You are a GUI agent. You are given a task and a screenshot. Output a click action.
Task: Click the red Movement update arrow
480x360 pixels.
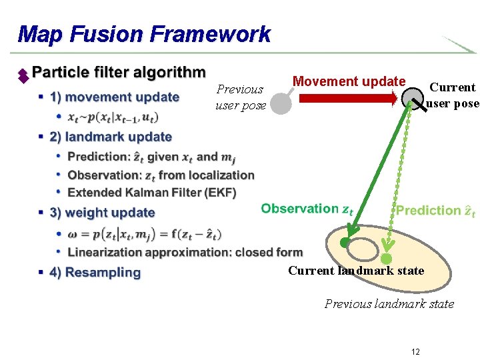pos(347,99)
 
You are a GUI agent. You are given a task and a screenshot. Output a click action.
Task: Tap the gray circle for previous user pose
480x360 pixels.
pos(281,104)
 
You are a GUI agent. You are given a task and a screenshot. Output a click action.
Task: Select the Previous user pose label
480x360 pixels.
pos(240,97)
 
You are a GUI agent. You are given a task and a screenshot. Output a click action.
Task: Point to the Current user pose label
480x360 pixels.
pos(453,95)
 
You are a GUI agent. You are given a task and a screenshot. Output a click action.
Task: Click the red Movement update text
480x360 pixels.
pos(349,81)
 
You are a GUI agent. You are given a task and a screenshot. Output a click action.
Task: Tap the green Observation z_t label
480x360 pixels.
pos(307,209)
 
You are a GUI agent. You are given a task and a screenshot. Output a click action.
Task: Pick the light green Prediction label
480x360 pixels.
pos(435,211)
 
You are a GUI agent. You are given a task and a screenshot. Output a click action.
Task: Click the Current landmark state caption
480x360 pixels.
pos(356,271)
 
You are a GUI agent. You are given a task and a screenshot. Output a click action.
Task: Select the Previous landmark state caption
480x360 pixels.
pos(389,304)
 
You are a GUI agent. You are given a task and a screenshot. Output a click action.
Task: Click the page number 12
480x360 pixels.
pos(415,351)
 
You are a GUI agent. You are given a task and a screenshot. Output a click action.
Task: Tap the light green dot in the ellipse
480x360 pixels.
pos(386,258)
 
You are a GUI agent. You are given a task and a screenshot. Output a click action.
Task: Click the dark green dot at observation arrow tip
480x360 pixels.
pos(345,243)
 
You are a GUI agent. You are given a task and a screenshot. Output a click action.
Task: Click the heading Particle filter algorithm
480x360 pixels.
pos(119,72)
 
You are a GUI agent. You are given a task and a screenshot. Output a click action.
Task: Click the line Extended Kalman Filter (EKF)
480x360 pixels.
pos(152,193)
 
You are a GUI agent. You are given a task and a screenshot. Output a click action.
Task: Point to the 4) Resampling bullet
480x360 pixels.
pos(95,273)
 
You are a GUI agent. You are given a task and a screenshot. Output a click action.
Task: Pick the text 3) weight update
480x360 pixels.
pos(102,213)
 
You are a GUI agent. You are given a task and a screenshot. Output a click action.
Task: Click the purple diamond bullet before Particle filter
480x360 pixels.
pos(23,75)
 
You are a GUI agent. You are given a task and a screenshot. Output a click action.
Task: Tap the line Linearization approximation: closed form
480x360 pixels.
pos(185,253)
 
